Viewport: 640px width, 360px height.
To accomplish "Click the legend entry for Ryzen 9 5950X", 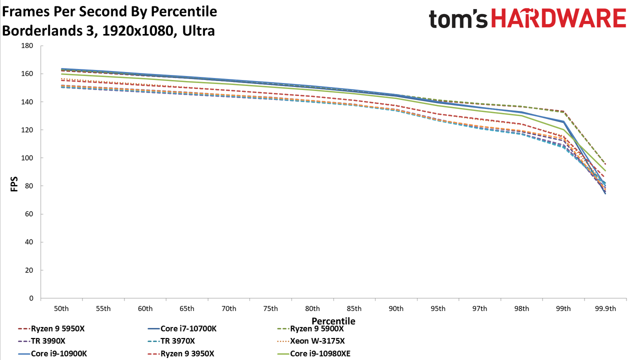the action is click(51, 329).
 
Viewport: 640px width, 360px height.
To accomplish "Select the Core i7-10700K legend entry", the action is click(182, 329).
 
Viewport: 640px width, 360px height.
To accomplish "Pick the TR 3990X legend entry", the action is click(41, 341).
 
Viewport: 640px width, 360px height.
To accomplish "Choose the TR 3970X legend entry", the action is click(171, 341).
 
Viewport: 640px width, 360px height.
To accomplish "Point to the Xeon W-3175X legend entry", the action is click(311, 341).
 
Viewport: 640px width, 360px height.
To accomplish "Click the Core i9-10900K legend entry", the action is click(52, 353).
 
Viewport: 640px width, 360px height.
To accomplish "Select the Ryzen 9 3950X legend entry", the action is click(181, 353).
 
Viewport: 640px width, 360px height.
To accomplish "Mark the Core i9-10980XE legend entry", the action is click(313, 353).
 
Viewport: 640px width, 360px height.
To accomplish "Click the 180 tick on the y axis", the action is click(27, 45).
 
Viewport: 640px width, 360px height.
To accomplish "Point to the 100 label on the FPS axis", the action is click(27, 158).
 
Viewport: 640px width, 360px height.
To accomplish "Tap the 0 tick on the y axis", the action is click(31, 298).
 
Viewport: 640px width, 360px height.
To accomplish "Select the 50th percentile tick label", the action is click(61, 309).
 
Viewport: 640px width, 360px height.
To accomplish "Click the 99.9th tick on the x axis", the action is click(605, 309).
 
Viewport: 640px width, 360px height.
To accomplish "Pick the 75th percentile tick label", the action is click(270, 309).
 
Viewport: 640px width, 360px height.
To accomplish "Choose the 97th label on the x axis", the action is click(479, 309).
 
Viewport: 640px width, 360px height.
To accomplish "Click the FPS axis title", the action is click(14, 184).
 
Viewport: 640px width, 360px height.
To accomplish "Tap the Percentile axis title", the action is click(333, 321).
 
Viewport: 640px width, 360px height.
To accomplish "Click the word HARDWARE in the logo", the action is click(559, 18).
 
